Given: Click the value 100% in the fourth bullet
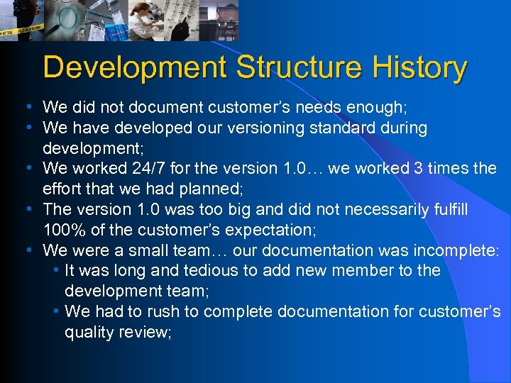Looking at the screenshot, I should tap(66, 231).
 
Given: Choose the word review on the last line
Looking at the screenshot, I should tap(143, 332).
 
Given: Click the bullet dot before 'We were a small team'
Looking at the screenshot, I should tap(26, 250).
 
